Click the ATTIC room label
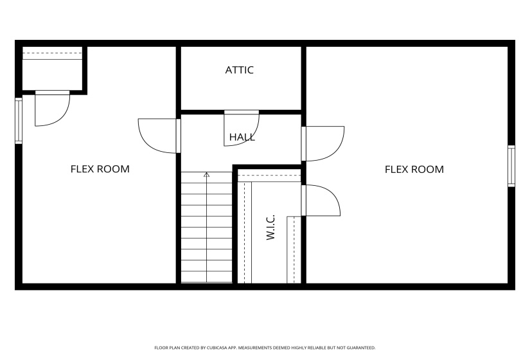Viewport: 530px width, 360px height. (240, 70)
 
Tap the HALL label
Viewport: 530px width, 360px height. (242, 137)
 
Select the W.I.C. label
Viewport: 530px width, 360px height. (270, 228)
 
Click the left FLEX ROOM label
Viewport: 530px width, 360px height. (100, 169)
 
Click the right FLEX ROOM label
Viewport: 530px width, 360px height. (414, 170)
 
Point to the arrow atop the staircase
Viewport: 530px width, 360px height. (206, 174)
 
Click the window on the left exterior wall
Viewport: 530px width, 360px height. (19, 120)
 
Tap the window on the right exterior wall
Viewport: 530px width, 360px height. (511, 166)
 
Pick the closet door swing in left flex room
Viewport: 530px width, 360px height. (50, 110)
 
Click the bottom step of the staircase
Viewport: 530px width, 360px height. (206, 276)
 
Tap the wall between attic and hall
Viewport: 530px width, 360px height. (241, 112)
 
